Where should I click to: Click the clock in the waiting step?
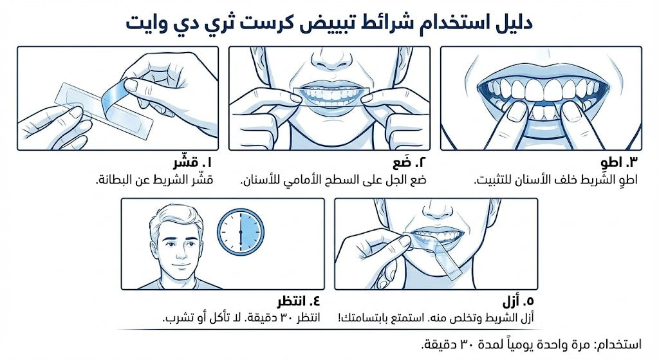tap(241, 231)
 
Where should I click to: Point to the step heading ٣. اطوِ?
tap(619, 162)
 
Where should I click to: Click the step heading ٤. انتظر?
tap(299, 301)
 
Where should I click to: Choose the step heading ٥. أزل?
tap(518, 301)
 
